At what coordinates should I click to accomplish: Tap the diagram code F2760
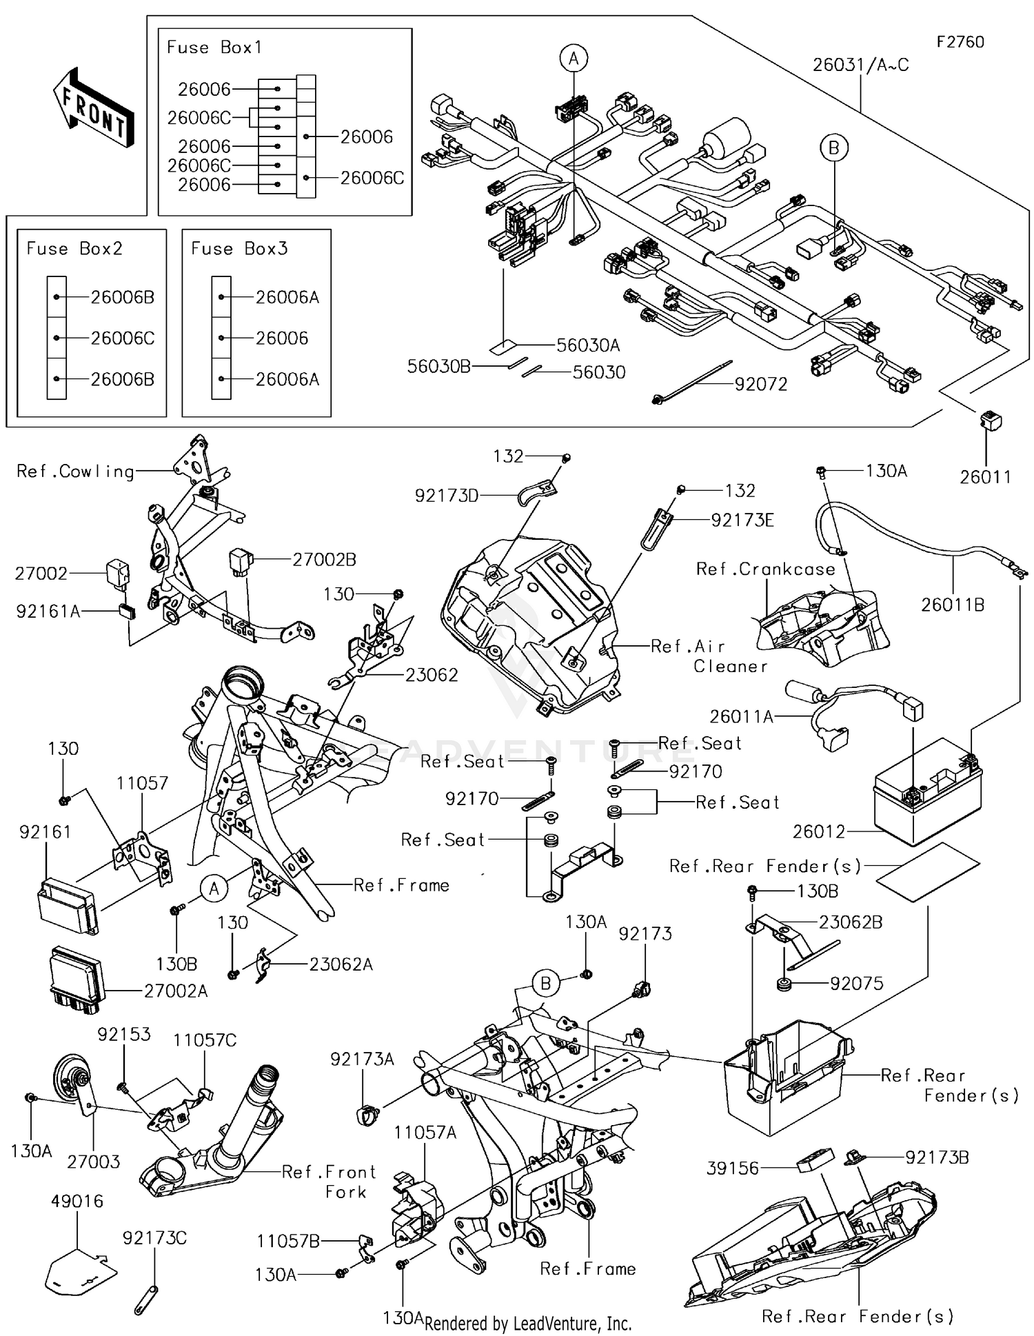[x=960, y=42]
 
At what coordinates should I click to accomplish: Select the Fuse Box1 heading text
[x=214, y=48]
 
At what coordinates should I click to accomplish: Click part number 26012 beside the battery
[x=818, y=831]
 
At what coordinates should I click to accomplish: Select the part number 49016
[x=77, y=1201]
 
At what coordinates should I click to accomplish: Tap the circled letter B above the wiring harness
[x=833, y=148]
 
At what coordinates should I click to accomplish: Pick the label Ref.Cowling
[x=75, y=472]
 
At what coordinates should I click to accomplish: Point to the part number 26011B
[x=952, y=605]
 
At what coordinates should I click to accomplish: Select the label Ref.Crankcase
[x=765, y=569]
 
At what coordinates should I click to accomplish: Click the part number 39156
[x=732, y=1168]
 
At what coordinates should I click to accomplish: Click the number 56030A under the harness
[x=588, y=345]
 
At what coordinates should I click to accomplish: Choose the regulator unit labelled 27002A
[x=76, y=980]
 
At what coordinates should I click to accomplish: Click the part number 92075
[x=856, y=983]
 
